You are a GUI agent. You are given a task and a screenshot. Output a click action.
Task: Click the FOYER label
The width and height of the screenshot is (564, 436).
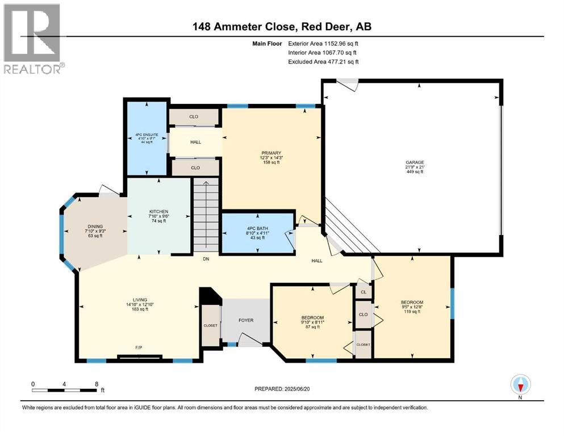pyautogui.click(x=245, y=320)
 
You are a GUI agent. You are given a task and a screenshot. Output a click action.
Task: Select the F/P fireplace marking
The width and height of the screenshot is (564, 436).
pyautogui.click(x=139, y=347)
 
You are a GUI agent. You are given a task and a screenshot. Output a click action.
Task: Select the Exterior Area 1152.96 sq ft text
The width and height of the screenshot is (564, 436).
pyautogui.click(x=323, y=43)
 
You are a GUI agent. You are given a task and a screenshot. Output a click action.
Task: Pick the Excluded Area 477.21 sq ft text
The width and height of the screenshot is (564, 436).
pyautogui.click(x=323, y=61)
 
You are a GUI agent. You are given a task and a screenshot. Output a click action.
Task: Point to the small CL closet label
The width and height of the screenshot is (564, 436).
pyautogui.click(x=363, y=293)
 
